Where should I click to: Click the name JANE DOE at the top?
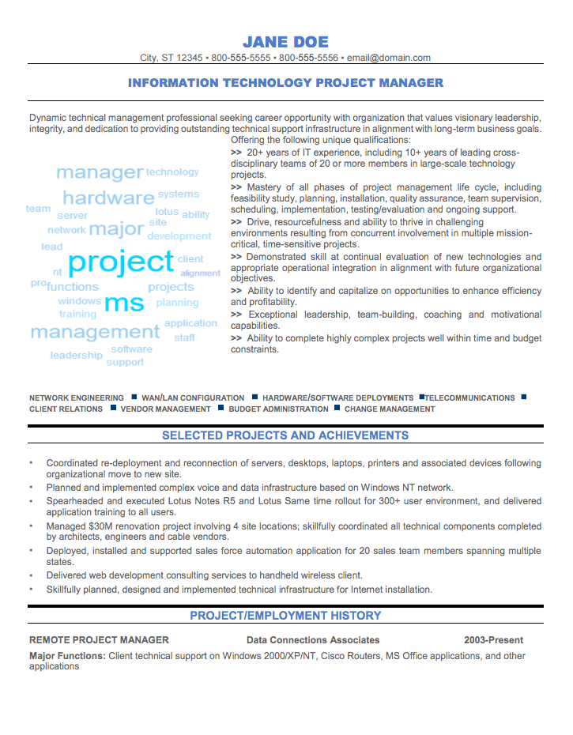click(x=285, y=42)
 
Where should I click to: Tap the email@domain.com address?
click(x=389, y=58)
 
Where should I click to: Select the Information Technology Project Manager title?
click(x=285, y=83)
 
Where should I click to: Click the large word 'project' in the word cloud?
click(x=121, y=262)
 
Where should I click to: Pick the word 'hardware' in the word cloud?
click(x=108, y=198)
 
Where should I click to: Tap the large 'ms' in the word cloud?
click(x=124, y=302)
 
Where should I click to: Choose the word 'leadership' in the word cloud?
click(x=76, y=356)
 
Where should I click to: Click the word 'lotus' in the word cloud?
click(x=167, y=212)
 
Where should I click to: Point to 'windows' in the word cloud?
click(x=79, y=301)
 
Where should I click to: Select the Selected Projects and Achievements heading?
click(x=285, y=435)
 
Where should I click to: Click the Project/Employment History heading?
click(x=285, y=616)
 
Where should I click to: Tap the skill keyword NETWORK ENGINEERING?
click(x=77, y=398)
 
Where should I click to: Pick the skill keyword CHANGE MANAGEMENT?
click(x=390, y=409)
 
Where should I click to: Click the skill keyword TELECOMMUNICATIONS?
click(x=470, y=398)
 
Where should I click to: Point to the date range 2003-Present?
click(x=493, y=640)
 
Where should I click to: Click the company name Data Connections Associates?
click(x=313, y=640)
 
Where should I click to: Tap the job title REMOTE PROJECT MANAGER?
click(x=99, y=640)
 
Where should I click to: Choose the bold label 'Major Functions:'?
click(x=67, y=656)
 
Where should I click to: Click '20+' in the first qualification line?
click(x=254, y=153)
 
